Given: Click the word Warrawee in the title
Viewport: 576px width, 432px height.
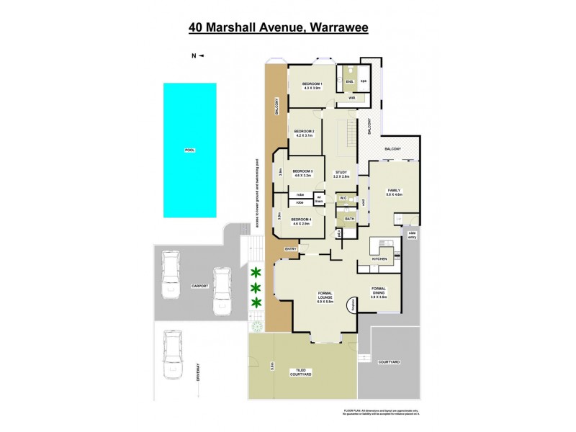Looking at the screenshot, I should (x=346, y=28).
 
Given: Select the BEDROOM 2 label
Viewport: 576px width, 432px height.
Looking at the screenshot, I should (x=304, y=131).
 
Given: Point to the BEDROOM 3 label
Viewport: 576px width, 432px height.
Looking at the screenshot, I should (x=302, y=171).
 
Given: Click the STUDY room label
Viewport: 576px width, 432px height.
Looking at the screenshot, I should (x=341, y=172).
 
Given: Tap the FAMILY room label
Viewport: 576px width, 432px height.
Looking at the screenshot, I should (x=394, y=190).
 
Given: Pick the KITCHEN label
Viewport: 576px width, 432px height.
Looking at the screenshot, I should (x=379, y=258).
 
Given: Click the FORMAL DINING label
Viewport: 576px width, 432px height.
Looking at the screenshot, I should (x=379, y=291).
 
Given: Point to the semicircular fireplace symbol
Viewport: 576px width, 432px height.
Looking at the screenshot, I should (x=353, y=305).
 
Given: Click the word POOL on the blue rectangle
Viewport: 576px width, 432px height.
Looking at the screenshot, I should (x=190, y=150).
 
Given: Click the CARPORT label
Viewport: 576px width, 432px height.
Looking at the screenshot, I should (x=199, y=286).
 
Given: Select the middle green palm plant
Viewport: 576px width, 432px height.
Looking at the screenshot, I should (x=256, y=286).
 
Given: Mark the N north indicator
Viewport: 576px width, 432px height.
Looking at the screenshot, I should (x=193, y=55).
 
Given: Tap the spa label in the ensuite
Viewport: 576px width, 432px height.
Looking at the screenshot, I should (x=364, y=81).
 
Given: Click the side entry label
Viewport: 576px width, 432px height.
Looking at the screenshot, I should (x=412, y=235).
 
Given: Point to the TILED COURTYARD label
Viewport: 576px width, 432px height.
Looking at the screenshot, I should (x=300, y=372).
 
